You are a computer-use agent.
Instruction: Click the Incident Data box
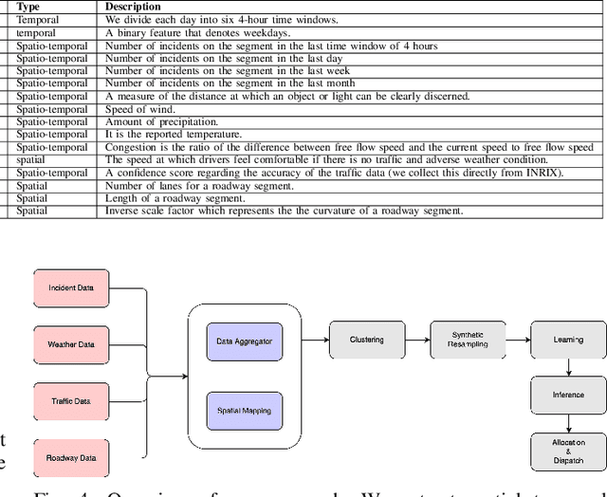pyautogui.click(x=71, y=286)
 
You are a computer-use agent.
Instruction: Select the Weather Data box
pyautogui.click(x=71, y=344)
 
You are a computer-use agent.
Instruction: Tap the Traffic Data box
pyautogui.click(x=71, y=401)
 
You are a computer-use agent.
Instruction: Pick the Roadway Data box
pyautogui.click(x=71, y=458)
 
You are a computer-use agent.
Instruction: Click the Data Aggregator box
pyautogui.click(x=244, y=341)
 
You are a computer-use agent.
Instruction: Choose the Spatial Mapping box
pyautogui.click(x=244, y=411)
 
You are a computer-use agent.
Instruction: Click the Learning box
pyautogui.click(x=568, y=340)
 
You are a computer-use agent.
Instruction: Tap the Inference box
pyautogui.click(x=568, y=395)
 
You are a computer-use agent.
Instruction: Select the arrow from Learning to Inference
pyautogui.click(x=568, y=367)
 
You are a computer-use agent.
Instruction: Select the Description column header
pyautogui.click(x=133, y=6)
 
